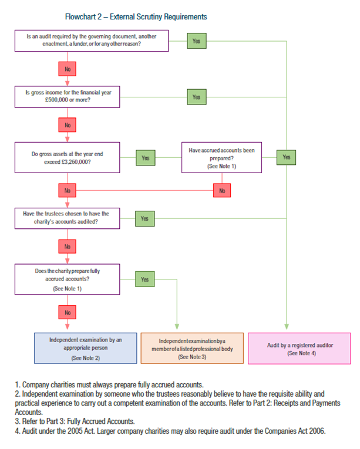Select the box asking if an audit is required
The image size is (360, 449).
tap(92, 40)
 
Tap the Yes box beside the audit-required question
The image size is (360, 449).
tap(197, 41)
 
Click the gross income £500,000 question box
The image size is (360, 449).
tap(68, 97)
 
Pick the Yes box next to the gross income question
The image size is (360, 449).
tap(197, 97)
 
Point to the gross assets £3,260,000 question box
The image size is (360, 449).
tap(68, 157)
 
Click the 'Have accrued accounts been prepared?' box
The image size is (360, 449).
tap(221, 157)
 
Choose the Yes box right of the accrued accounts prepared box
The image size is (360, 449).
tap(287, 157)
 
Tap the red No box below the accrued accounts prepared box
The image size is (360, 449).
tap(222, 190)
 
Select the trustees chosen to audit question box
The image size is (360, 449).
tap(68, 218)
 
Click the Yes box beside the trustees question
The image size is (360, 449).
tap(144, 218)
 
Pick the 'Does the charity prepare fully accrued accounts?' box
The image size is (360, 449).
tap(68, 279)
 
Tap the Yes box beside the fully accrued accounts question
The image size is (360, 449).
tap(144, 279)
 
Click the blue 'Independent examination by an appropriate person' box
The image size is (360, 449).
tap(86, 348)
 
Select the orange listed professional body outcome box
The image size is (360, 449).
tap(192, 348)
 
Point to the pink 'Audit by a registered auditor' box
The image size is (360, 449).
tap(300, 349)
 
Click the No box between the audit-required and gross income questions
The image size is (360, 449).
tap(68, 69)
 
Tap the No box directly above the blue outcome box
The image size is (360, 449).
tap(68, 312)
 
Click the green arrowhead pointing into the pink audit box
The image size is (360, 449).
tap(287, 327)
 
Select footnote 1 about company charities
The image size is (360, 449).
tap(109, 384)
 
